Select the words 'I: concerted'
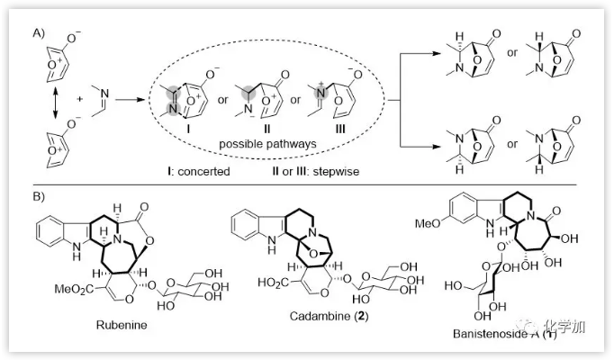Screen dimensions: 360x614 pos(204,170)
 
